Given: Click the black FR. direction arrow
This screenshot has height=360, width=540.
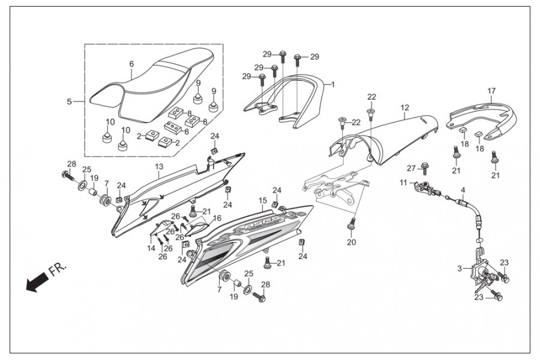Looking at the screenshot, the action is click(x=37, y=281).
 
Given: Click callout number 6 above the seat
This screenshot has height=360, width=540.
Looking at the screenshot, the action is click(x=131, y=64).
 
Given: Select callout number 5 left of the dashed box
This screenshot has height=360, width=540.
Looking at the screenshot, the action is click(x=70, y=101).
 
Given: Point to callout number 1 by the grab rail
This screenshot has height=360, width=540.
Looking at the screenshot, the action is click(x=332, y=85).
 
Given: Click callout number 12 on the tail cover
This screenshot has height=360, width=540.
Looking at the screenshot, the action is click(x=405, y=107).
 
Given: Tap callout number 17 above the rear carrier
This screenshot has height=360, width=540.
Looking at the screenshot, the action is click(x=491, y=91).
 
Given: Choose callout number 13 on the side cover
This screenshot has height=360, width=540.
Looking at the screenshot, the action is click(x=159, y=167).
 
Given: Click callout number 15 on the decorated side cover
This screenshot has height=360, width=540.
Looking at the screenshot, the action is click(x=263, y=200).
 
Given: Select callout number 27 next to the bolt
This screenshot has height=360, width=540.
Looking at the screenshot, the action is click(x=411, y=169).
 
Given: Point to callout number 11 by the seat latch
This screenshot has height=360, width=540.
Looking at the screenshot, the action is click(x=403, y=182).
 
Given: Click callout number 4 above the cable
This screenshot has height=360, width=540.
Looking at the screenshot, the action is click(x=463, y=190).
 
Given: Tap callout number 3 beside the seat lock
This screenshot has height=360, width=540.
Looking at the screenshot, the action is click(x=460, y=269).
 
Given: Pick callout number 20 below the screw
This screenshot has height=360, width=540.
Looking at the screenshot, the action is click(x=351, y=242).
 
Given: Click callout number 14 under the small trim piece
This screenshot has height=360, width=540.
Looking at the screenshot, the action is click(x=151, y=248).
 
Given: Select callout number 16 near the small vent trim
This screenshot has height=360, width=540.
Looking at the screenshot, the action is click(x=217, y=218).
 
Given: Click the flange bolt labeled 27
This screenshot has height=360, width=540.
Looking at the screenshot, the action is click(x=423, y=169).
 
